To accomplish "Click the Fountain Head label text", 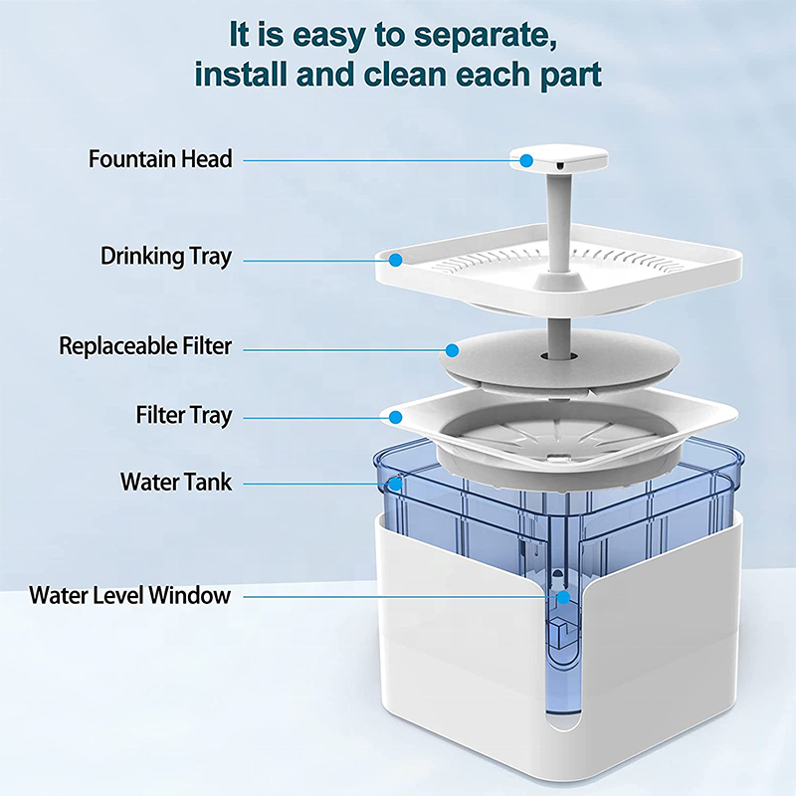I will [x=160, y=159].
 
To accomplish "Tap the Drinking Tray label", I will [x=166, y=257].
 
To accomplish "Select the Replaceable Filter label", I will [x=145, y=346].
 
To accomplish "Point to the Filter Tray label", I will [x=183, y=415].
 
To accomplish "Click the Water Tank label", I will [x=176, y=483].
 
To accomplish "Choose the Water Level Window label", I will [x=130, y=596].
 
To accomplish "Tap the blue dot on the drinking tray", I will [x=395, y=261].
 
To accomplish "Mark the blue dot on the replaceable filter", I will [x=452, y=350].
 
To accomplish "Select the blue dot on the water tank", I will [x=396, y=485].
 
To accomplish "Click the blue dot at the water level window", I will [x=563, y=598].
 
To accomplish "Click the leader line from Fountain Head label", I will [x=378, y=159].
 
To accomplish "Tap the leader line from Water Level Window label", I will [x=398, y=597].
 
